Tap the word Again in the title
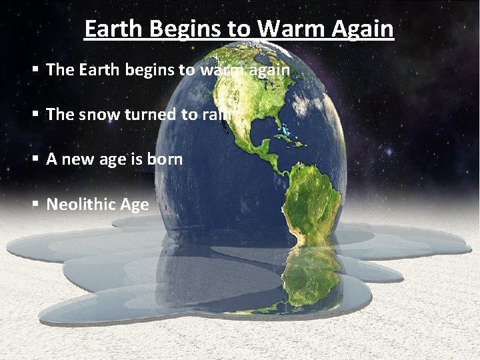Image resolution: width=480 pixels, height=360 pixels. [361, 30]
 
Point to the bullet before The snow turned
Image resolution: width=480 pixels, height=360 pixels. [35, 115]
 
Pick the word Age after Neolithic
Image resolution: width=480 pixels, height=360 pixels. [135, 205]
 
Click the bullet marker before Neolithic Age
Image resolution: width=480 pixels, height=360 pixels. [35, 204]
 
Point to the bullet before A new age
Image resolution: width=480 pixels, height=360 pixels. [35, 159]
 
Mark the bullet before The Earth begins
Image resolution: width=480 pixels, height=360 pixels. [35, 70]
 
